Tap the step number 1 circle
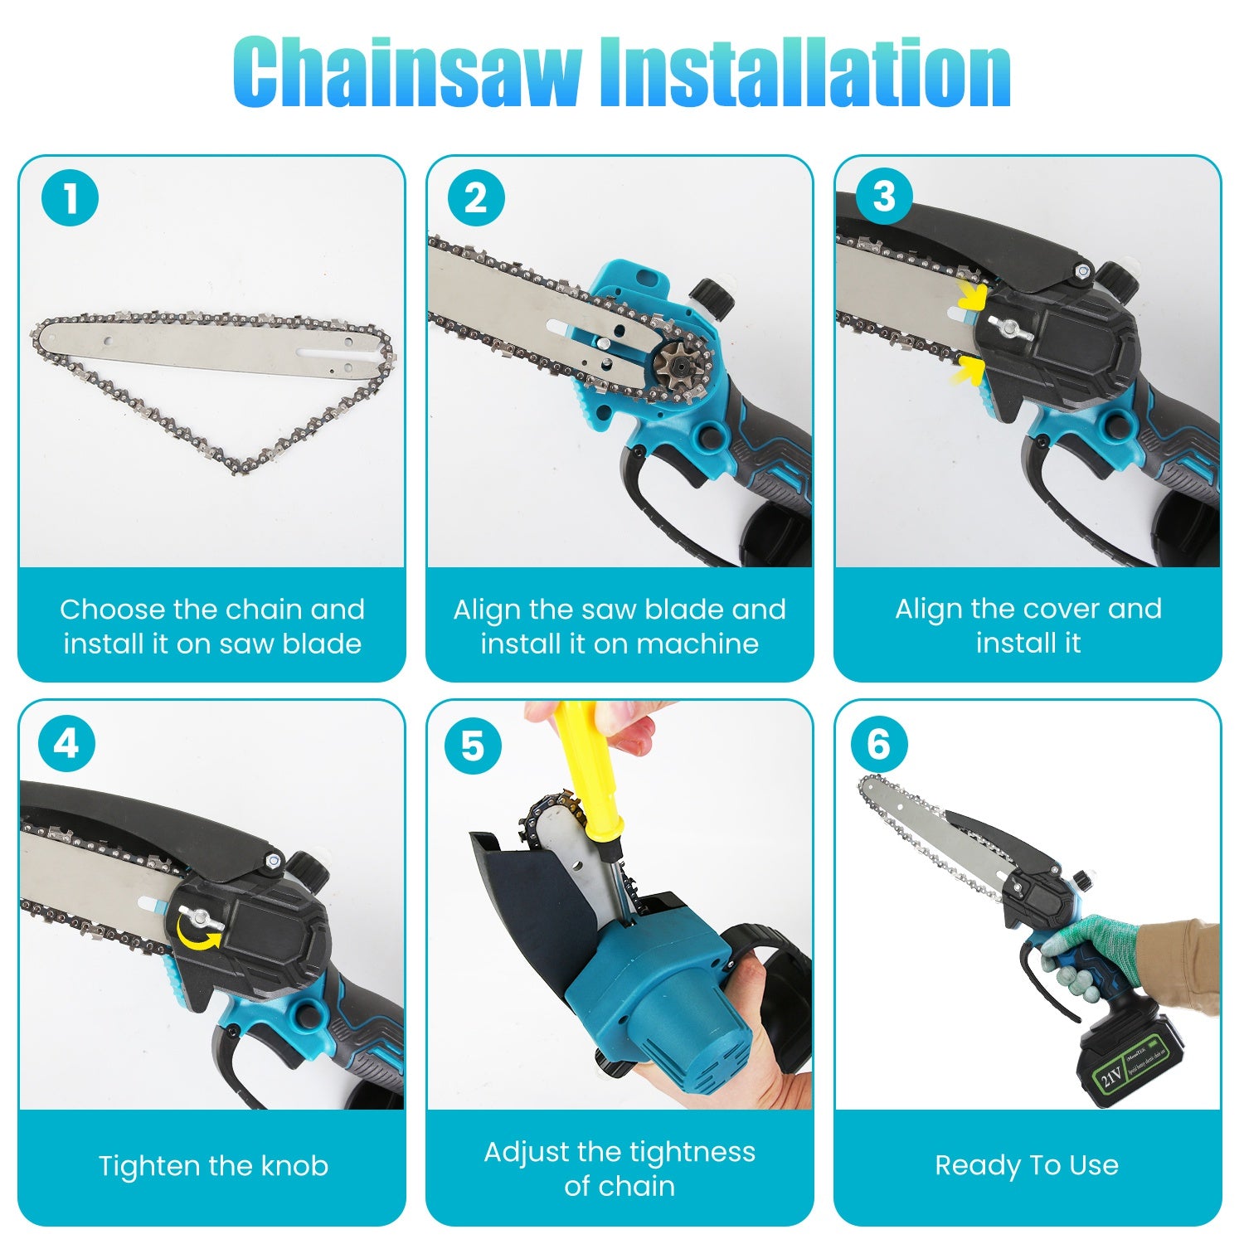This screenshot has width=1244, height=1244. coord(70,199)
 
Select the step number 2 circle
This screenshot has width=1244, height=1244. coord(476,199)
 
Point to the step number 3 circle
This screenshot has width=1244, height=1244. coord(884,197)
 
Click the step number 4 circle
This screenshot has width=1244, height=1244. coord(66,744)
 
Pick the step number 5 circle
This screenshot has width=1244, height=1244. coord(473,746)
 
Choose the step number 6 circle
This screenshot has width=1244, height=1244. coord(879,744)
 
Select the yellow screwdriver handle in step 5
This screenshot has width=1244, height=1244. coord(581,767)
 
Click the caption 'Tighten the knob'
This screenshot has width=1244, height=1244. coord(213,1166)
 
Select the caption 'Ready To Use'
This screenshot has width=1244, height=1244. coord(1027,1165)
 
